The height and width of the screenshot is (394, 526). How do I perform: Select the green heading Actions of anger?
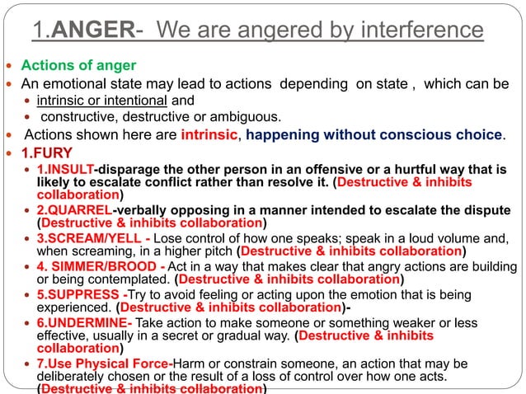coord(78,65)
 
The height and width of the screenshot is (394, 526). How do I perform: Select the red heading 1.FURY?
coord(49,152)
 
